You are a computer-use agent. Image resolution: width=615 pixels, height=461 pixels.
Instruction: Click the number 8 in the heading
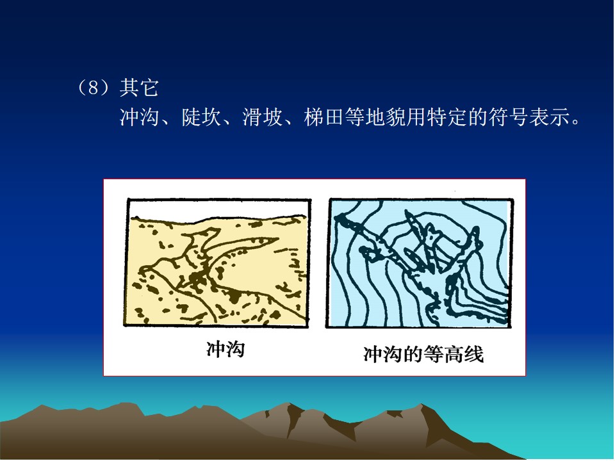[x=94, y=88]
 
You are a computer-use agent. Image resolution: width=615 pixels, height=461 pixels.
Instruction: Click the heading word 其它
[x=139, y=88]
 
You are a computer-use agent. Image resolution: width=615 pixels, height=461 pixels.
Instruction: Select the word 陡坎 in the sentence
[x=201, y=117]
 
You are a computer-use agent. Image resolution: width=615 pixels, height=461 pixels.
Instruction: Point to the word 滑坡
[x=262, y=117]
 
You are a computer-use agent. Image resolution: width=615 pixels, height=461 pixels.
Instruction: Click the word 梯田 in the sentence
[x=324, y=117]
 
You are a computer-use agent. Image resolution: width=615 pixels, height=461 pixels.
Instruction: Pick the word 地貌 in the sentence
[x=385, y=117]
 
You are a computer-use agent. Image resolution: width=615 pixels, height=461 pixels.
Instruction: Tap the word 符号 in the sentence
[x=507, y=117]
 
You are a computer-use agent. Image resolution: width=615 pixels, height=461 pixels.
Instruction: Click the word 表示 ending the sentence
[x=548, y=117]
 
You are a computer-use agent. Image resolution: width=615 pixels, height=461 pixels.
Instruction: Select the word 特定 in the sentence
[x=446, y=117]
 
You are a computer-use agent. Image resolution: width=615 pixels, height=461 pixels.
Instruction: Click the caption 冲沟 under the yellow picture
[x=225, y=349]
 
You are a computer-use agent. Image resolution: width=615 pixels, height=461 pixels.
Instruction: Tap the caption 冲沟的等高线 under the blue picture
[x=423, y=354]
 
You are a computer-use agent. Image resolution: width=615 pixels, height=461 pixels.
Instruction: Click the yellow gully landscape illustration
[x=217, y=263]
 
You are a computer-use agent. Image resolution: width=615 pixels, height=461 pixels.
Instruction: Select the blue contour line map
[x=419, y=263]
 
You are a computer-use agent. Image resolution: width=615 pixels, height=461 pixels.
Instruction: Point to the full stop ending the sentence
[x=575, y=122]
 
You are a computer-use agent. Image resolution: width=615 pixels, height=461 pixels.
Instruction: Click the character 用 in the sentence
[x=415, y=117]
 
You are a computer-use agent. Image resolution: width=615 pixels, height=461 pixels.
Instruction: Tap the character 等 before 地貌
[x=354, y=117]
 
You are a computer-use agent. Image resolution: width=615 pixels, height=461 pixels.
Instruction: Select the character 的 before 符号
[x=477, y=117]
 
